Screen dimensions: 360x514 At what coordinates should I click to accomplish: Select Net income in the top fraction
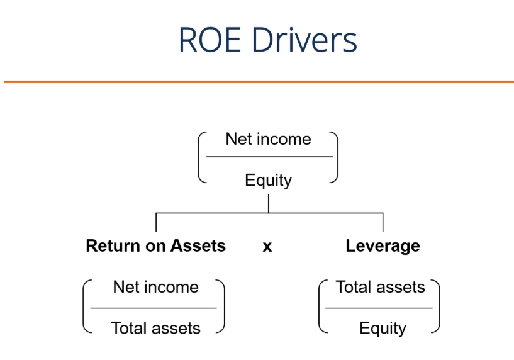pos(268,138)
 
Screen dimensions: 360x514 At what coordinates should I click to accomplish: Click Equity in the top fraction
pos(268,181)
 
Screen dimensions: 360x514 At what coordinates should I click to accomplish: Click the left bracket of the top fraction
pos(201,157)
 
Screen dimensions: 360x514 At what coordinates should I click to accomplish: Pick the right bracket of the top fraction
pos(335,157)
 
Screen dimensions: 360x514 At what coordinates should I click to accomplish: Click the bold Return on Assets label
pos(155,245)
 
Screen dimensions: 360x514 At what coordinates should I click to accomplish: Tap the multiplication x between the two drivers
pos(267,247)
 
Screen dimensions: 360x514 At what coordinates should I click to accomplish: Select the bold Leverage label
pos(383,245)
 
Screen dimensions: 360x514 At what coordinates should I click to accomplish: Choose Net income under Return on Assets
pos(155,287)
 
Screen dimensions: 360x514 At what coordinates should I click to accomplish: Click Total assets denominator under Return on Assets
pos(155,328)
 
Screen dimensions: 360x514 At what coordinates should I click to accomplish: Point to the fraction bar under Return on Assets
pos(154,308)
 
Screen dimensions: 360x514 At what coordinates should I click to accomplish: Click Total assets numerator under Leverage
pos(380,287)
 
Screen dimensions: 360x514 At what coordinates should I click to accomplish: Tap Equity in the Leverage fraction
pos(383,328)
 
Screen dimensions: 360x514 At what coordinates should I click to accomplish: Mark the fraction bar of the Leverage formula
pos(379,308)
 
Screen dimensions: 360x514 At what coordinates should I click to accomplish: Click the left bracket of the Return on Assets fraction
pos(86,307)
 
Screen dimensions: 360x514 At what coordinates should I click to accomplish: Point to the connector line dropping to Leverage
pos(383,222)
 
